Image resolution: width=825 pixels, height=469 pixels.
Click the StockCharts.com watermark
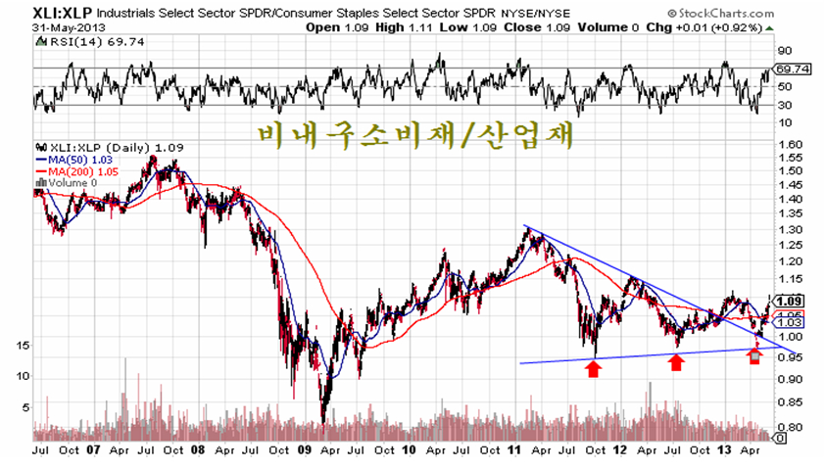(x=721, y=13)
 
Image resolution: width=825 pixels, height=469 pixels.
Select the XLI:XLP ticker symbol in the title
(x=62, y=13)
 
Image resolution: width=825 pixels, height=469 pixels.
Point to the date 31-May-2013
(x=69, y=27)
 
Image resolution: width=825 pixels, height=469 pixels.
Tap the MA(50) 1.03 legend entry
(x=74, y=160)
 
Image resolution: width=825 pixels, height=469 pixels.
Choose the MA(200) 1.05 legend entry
(x=76, y=171)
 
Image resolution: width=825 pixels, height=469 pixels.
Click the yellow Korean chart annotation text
(x=415, y=135)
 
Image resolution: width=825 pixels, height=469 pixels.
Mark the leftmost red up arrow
(x=594, y=368)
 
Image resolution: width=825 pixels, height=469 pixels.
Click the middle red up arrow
(x=676, y=362)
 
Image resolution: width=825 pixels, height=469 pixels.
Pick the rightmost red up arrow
(x=754, y=356)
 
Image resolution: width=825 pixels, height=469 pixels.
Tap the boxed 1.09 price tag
(x=789, y=302)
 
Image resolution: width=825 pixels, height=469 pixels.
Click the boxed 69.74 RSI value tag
(x=792, y=69)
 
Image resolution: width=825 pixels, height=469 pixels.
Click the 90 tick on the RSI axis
(x=785, y=51)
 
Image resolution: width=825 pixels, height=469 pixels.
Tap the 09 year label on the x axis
(x=305, y=450)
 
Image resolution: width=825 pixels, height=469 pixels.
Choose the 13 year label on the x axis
(x=724, y=450)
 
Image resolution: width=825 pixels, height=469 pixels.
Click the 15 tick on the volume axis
(x=23, y=346)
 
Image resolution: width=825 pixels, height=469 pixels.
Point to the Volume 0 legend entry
(x=67, y=183)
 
